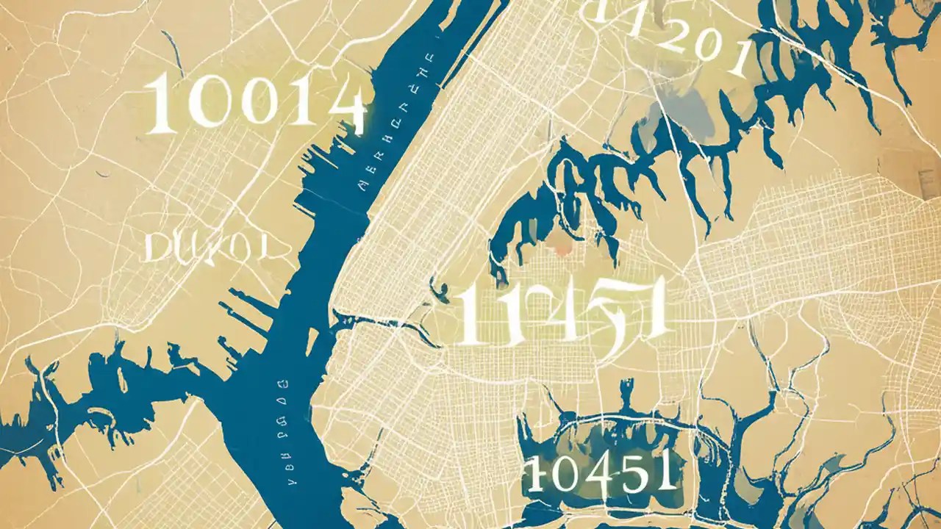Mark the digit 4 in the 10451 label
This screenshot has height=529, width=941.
(x=599, y=470)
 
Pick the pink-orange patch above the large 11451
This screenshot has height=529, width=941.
(x=563, y=250)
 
